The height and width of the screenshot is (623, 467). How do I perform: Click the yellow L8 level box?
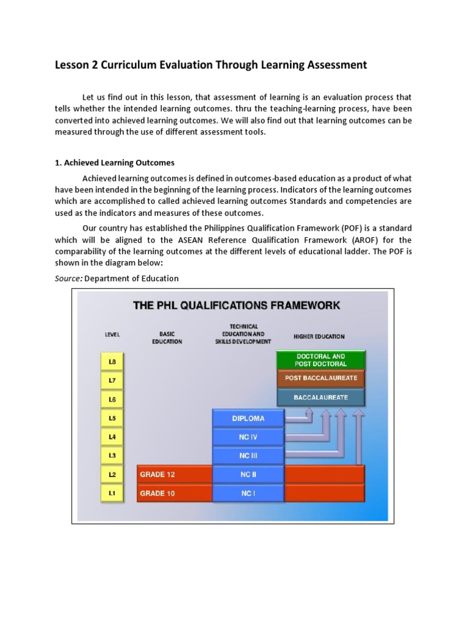pyautogui.click(x=112, y=361)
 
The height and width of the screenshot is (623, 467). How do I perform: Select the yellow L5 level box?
pyautogui.click(x=112, y=418)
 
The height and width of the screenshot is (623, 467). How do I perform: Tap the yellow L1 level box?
pyautogui.click(x=112, y=493)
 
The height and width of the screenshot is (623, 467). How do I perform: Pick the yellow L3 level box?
pyautogui.click(x=112, y=456)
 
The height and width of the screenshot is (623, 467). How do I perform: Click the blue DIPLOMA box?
pyautogui.click(x=248, y=418)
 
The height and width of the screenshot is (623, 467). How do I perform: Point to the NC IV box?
pyautogui.click(x=248, y=437)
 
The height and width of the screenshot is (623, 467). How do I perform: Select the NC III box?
pyautogui.click(x=248, y=456)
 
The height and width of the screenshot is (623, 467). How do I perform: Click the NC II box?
pyautogui.click(x=248, y=475)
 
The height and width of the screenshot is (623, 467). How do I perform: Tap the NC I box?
pyautogui.click(x=248, y=493)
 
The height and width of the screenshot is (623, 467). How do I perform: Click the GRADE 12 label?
pyautogui.click(x=157, y=475)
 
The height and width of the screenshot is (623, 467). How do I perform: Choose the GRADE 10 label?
pyautogui.click(x=157, y=493)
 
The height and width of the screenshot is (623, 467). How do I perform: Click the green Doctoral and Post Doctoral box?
pyautogui.click(x=320, y=360)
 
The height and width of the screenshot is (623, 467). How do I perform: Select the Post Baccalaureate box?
pyautogui.click(x=320, y=378)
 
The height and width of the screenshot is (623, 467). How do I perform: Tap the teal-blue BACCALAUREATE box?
pyautogui.click(x=320, y=397)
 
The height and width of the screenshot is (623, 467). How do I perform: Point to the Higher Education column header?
pyautogui.click(x=319, y=336)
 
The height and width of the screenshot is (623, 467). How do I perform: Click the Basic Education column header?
pyautogui.click(x=167, y=338)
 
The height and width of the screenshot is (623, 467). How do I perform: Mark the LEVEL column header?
pyautogui.click(x=112, y=335)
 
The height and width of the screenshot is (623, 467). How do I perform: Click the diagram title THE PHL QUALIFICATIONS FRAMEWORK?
pyautogui.click(x=237, y=305)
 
